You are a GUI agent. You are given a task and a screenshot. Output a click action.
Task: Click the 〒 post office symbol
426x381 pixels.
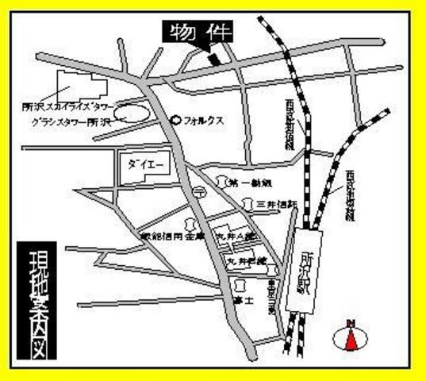click(199, 190)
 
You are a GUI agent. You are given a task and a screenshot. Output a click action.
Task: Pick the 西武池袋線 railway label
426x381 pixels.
click(350, 194)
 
